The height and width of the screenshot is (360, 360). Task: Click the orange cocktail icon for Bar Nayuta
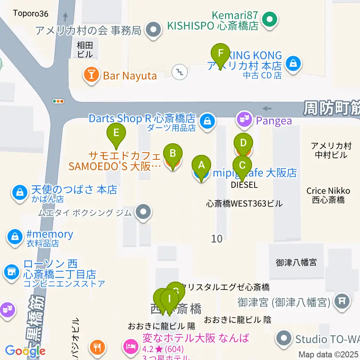click(91, 76)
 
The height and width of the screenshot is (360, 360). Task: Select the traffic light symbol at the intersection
click(58, 101)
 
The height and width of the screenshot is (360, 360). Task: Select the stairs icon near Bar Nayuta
click(180, 71)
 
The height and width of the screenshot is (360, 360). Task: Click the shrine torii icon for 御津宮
click(341, 300)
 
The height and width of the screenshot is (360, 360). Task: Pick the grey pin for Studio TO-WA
click(284, 339)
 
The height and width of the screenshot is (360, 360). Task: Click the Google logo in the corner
click(25, 351)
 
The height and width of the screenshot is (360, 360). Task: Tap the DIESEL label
click(244, 185)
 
